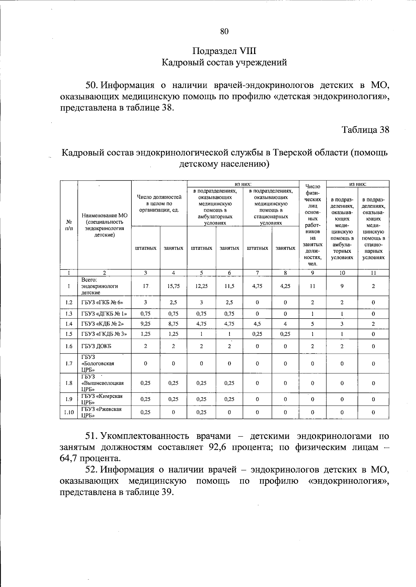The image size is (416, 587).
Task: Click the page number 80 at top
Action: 224,32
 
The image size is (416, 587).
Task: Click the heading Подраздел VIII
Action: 224,51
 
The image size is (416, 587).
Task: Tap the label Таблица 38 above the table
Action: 365,130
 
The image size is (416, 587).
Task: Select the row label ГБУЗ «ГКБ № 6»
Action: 102,302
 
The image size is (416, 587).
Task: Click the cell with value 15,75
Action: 173,286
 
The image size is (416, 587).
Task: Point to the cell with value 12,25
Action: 201,286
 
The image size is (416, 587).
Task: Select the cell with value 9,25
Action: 146,324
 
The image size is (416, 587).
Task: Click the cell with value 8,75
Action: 173,324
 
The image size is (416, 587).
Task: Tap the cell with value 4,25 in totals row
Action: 285,286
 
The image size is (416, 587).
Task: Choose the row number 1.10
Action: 69,412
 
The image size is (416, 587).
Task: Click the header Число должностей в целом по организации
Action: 159,204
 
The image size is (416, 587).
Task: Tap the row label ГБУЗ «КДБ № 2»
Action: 102,324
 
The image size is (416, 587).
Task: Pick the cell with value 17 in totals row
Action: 146,286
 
